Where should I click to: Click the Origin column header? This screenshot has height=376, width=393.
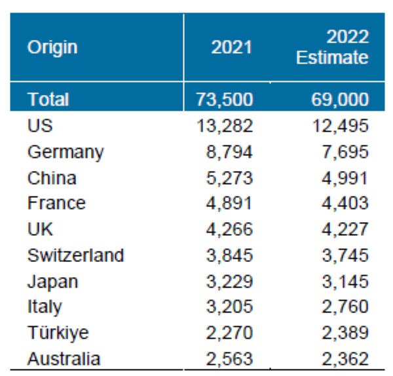pyautogui.click(x=52, y=47)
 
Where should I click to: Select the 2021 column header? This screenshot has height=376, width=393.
pyautogui.click(x=232, y=47)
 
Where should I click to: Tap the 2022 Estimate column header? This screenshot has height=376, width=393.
pyautogui.click(x=332, y=47)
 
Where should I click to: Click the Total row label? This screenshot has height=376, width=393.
pyautogui.click(x=48, y=100)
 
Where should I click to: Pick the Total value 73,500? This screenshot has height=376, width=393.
pyautogui.click(x=225, y=100)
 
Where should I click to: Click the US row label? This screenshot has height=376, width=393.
pyautogui.click(x=40, y=126)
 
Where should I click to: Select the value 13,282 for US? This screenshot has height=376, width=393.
pyautogui.click(x=225, y=126)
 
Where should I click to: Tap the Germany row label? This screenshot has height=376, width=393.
pyautogui.click(x=65, y=152)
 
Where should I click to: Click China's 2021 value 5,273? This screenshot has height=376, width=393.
pyautogui.click(x=230, y=178)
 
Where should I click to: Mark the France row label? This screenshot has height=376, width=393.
pyautogui.click(x=56, y=203)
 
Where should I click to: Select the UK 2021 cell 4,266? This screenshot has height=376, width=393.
pyautogui.click(x=230, y=229)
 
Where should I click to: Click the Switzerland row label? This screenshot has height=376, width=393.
pyautogui.click(x=75, y=255)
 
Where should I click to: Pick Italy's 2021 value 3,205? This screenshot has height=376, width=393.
pyautogui.click(x=230, y=307)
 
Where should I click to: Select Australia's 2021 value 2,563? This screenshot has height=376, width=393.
pyautogui.click(x=230, y=359)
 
